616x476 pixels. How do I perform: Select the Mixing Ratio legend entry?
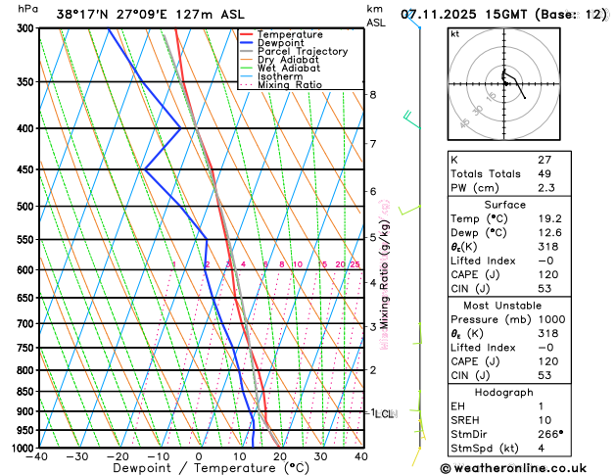[x=294, y=85]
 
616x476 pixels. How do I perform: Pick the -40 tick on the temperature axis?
[x=38, y=456]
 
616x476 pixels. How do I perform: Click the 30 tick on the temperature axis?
[x=320, y=456]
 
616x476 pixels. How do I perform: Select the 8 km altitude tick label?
[x=372, y=94]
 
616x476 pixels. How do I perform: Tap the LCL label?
[x=385, y=414]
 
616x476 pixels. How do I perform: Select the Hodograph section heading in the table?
[x=505, y=392]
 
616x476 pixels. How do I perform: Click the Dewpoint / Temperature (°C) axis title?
[x=199, y=468]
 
